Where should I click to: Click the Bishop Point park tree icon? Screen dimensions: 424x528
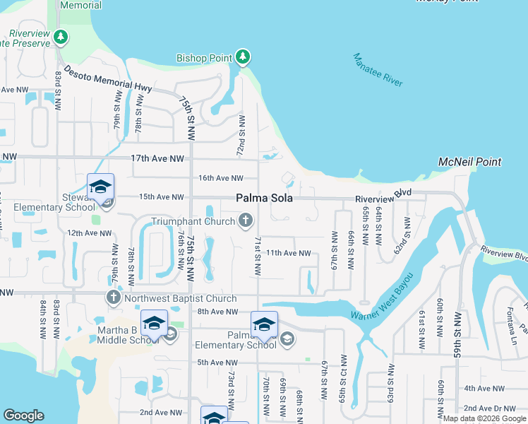pos(244,56)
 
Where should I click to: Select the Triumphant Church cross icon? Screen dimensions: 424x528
pos(246,221)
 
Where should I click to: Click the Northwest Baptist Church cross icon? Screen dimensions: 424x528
pos(114,298)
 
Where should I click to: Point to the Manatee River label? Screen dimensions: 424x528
pos(378,70)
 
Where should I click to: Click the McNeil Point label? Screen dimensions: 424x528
pos(469,162)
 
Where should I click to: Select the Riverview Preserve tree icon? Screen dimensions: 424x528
pos(61,36)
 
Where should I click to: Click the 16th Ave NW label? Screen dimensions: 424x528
pos(220,178)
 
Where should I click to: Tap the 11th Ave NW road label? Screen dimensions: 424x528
pos(288,253)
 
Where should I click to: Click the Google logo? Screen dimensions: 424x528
pos(24,416)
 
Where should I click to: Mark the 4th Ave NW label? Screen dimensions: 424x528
pos(484,388)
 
